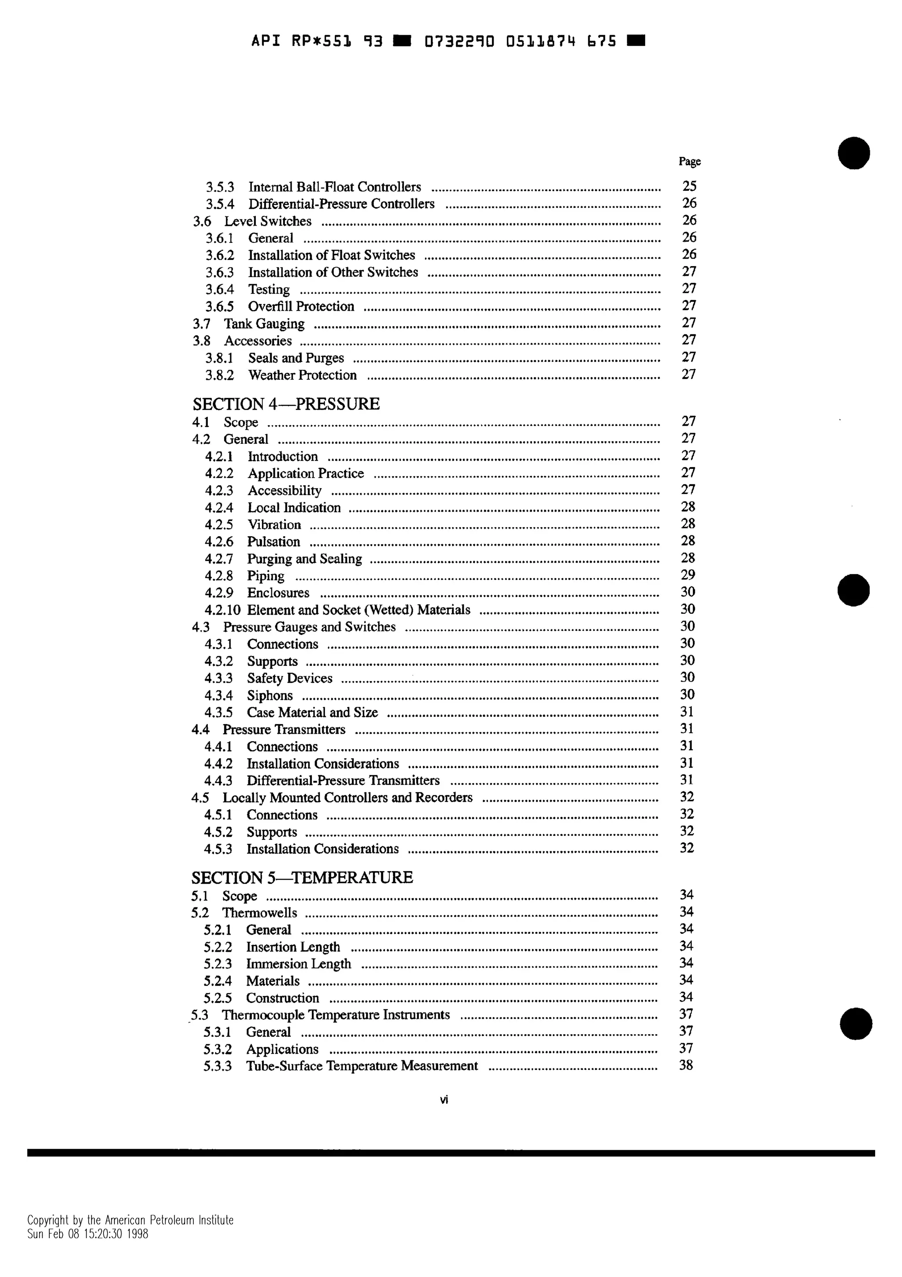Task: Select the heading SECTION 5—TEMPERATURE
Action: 302,878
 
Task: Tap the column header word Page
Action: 689,161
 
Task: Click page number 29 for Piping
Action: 688,575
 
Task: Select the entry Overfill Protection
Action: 301,306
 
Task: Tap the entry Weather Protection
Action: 302,375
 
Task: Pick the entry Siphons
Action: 270,696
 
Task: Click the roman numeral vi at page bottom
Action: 444,1099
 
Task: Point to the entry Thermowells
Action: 259,913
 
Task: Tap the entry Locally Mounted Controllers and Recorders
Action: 347,798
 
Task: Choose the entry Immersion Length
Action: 299,965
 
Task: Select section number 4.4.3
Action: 218,781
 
